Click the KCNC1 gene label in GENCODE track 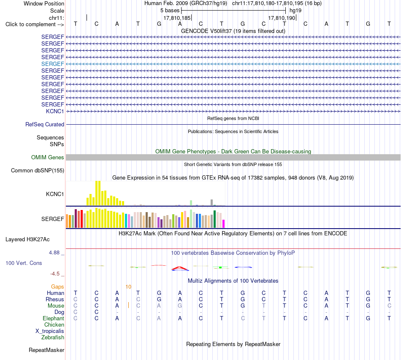pos(55,111)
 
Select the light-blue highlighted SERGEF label pos(52,64)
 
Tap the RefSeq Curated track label pos(45,125)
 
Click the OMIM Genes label pos(48,157)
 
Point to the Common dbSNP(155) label pos(38,171)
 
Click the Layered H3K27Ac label pos(27,240)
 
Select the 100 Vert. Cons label pos(24,263)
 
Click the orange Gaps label pos(57,287)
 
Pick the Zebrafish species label pos(53,338)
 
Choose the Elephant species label pos(53,318)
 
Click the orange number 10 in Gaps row pos(128,287)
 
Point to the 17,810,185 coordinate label pos(177,18)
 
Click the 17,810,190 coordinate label pos(282,18)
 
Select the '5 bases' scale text pos(170,11)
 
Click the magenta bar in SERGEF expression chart pos(224,224)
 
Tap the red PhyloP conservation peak pos(180,268)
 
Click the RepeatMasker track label pos(46,350)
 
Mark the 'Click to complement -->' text pos(35,25)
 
